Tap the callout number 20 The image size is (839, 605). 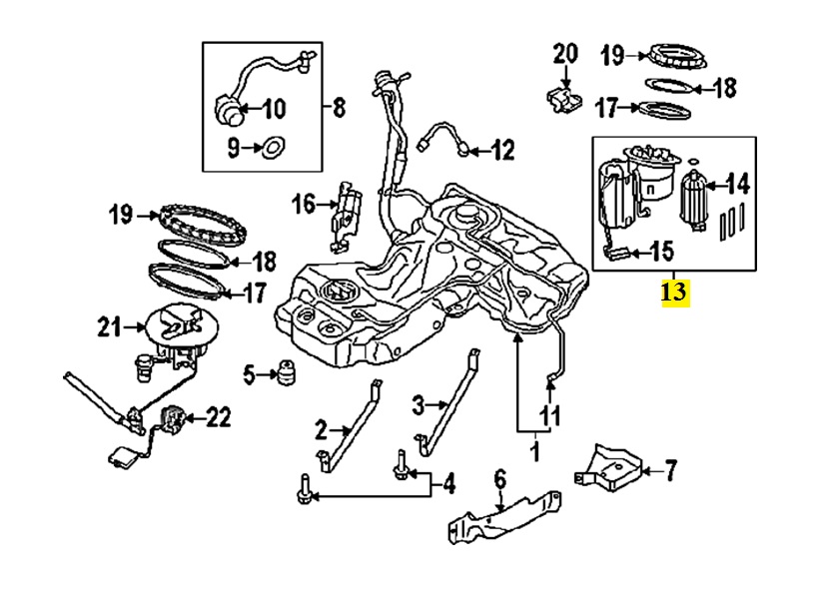point(565,52)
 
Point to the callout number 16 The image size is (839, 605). point(303,205)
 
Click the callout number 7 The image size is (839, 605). point(671,466)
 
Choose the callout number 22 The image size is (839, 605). point(218,416)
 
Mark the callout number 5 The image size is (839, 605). point(250,374)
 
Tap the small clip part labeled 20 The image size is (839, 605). point(562,97)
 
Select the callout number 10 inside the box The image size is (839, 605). point(272,108)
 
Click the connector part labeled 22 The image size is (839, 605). point(175,417)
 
